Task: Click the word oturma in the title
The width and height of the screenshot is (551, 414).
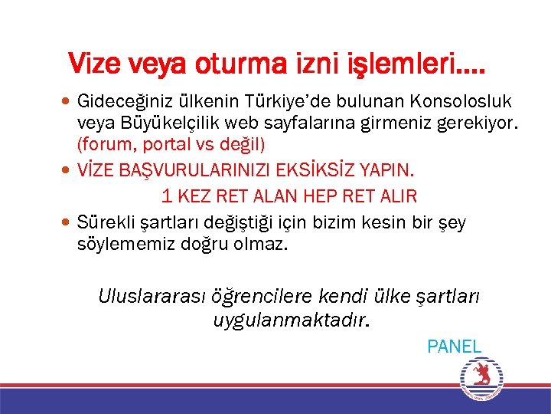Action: (x=241, y=64)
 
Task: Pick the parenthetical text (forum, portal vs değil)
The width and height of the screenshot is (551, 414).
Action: (x=166, y=144)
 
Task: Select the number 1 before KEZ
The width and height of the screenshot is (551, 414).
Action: (x=167, y=196)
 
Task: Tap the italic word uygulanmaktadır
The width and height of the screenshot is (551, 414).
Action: (x=291, y=319)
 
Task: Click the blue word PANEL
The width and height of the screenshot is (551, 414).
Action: (x=455, y=347)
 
